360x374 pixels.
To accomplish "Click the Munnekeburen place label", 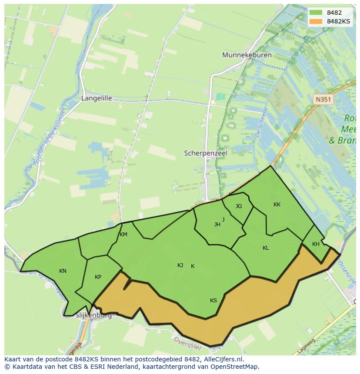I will pyautogui.click(x=247, y=55).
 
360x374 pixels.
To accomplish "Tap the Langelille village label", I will pyautogui.click(x=97, y=98).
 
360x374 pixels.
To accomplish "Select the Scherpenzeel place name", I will pyautogui.click(x=206, y=153).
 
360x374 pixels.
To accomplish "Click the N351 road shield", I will pyautogui.click(x=323, y=99).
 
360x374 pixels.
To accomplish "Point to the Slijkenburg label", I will pyautogui.click(x=93, y=315).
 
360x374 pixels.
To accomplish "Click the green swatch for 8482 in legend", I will pyautogui.click(x=316, y=13).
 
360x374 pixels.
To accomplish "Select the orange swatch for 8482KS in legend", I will pyautogui.click(x=316, y=21).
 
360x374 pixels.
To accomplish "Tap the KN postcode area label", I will pyautogui.click(x=63, y=271).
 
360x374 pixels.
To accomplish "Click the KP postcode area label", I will pyautogui.click(x=98, y=277).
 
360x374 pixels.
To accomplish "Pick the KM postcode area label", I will pyautogui.click(x=123, y=235).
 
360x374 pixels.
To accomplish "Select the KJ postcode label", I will pyautogui.click(x=180, y=265).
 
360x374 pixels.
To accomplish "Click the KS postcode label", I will pyautogui.click(x=213, y=301).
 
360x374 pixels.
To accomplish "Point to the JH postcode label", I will pyautogui.click(x=217, y=225).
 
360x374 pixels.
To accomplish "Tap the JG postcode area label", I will pyautogui.click(x=239, y=206).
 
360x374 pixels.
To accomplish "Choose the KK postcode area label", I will pyautogui.click(x=277, y=205).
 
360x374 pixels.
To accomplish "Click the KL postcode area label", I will pyautogui.click(x=266, y=248).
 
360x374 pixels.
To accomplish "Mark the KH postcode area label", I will pyautogui.click(x=316, y=244).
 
